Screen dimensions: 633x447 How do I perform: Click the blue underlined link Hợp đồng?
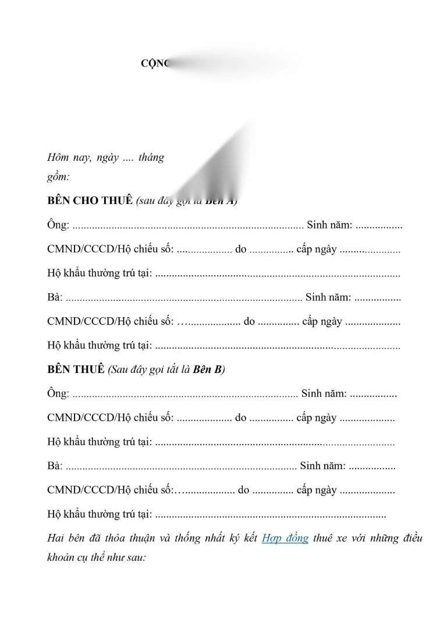pos(285,539)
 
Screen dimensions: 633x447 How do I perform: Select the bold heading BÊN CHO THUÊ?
pos(90,201)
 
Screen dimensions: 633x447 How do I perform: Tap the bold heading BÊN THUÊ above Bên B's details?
pos(76,370)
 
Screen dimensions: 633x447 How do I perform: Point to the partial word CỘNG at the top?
pos(154,64)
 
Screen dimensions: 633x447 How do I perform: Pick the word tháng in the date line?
pos(151,158)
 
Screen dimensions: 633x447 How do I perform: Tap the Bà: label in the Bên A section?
pos(55,298)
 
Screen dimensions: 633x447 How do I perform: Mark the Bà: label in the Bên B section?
pos(55,466)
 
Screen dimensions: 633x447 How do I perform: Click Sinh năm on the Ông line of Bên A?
pos(329,226)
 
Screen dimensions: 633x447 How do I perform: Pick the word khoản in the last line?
pos(62,557)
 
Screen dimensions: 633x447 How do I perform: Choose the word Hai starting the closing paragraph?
pos(55,539)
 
